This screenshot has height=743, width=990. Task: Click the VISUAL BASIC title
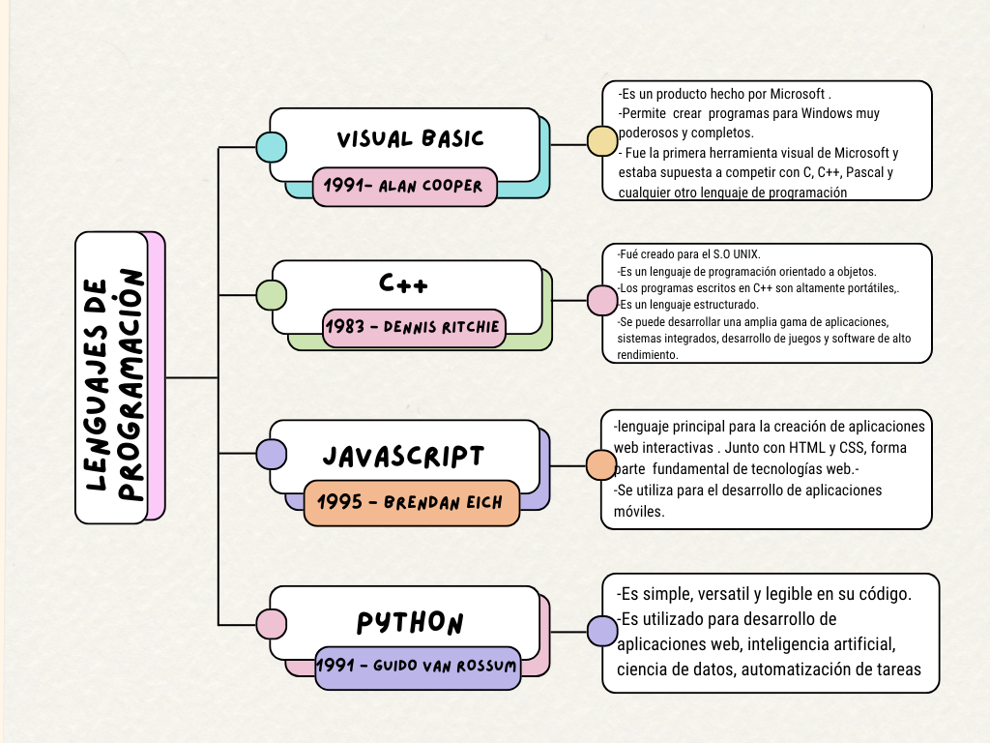pyautogui.click(x=410, y=138)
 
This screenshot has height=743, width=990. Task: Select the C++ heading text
pyautogui.click(x=404, y=283)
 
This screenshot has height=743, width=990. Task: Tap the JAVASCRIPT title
pyautogui.click(x=403, y=456)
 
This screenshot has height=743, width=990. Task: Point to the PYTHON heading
pyautogui.click(x=410, y=622)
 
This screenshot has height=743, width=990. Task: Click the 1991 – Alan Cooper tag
pyautogui.click(x=404, y=186)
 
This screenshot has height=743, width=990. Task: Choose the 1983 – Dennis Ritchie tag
pyautogui.click(x=413, y=327)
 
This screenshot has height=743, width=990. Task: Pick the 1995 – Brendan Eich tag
pyautogui.click(x=411, y=503)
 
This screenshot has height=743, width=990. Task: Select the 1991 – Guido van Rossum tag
pyautogui.click(x=417, y=667)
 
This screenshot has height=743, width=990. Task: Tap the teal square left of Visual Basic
pyautogui.click(x=271, y=146)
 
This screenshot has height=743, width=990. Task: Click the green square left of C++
pyautogui.click(x=271, y=294)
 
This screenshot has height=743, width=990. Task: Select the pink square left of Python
pyautogui.click(x=271, y=624)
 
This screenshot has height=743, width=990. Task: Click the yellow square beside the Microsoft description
pyautogui.click(x=602, y=141)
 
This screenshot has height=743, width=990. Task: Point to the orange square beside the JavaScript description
pyautogui.click(x=601, y=465)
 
